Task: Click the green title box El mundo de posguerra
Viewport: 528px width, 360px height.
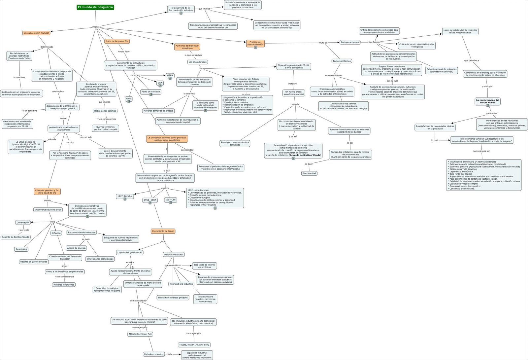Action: (x=95, y=7)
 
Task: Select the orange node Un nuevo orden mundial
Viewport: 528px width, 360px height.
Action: (x=36, y=33)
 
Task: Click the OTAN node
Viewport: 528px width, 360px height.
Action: (x=170, y=75)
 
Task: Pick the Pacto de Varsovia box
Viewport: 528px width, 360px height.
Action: (x=150, y=91)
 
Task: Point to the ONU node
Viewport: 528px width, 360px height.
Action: (x=129, y=99)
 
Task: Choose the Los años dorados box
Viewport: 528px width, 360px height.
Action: (x=198, y=62)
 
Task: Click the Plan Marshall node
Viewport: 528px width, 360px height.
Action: (x=309, y=173)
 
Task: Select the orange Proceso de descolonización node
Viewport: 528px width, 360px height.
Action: (x=255, y=43)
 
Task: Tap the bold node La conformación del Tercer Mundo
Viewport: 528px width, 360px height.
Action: (x=487, y=101)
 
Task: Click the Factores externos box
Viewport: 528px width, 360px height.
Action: (x=350, y=42)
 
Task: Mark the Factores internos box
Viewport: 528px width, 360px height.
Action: (x=342, y=61)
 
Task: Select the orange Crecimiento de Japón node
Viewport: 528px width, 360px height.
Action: (x=163, y=231)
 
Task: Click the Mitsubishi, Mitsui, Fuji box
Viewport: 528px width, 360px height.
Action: (x=141, y=334)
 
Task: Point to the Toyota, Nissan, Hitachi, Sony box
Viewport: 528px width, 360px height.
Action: (x=194, y=345)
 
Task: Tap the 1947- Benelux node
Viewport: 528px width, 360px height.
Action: (x=125, y=196)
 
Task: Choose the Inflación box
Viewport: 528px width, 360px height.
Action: (x=56, y=233)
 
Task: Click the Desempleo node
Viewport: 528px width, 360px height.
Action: (x=21, y=249)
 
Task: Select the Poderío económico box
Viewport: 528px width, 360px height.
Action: (x=154, y=354)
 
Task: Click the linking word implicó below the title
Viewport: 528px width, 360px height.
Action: (x=96, y=27)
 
